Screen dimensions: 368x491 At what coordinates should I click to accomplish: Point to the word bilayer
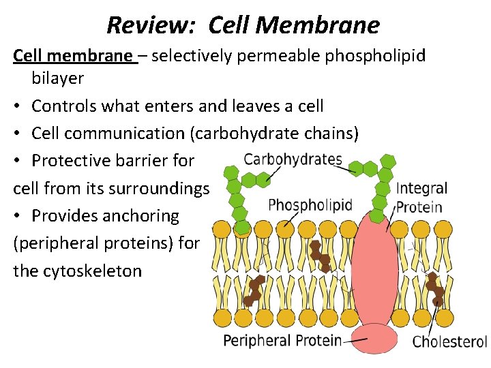tap(57, 78)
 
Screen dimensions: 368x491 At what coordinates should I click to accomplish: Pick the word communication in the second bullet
tap(128, 134)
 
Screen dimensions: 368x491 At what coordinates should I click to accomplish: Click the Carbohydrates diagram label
tap(293, 160)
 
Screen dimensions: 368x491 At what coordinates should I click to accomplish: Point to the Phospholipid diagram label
tap(310, 204)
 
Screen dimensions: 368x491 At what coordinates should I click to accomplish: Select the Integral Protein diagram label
tap(421, 198)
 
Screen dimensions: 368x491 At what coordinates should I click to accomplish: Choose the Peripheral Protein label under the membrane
tap(282, 339)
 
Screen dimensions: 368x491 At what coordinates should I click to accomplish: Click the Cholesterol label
tap(449, 341)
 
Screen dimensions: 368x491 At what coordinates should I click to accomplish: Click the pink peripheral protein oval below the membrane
tap(374, 338)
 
